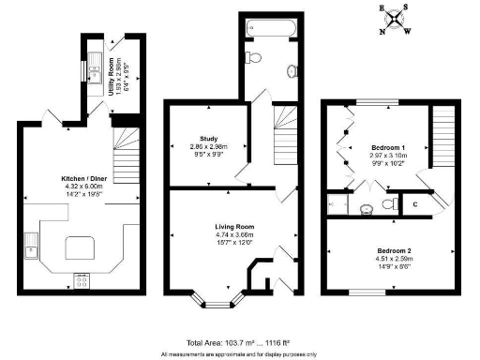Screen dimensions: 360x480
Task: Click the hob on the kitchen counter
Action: point(82,278)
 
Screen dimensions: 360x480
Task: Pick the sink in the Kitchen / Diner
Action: point(31,247)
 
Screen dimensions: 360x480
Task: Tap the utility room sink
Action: point(97,67)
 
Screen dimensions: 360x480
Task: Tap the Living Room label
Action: point(230,227)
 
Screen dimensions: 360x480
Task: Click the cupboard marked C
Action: point(413,203)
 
